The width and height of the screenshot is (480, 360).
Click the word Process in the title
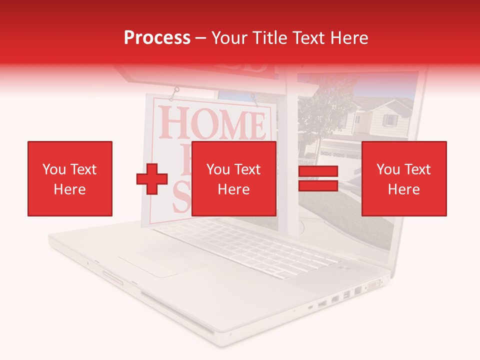point(157,38)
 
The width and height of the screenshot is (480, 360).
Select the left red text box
point(69,178)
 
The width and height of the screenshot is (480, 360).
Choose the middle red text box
point(233,178)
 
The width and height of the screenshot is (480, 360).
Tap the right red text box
point(403,178)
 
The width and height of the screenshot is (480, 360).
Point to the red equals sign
point(318,178)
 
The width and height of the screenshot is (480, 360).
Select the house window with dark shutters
point(389,120)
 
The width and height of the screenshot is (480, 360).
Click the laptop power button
point(344,268)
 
